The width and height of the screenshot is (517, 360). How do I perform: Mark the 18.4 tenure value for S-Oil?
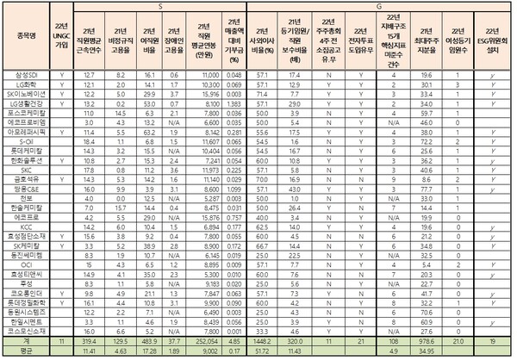pyautogui.click(x=89, y=143)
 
